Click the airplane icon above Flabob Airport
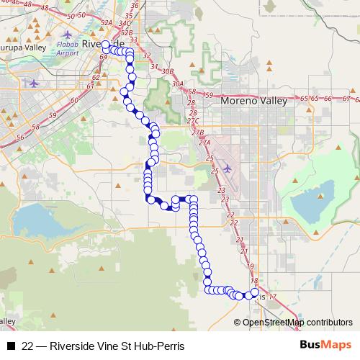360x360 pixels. pos(68,34)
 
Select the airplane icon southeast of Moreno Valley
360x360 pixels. pos(228,168)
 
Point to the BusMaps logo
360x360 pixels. pos(325,346)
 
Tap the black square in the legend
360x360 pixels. pos(11,346)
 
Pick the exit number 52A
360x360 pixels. pos(107,23)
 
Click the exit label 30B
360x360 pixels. pos(168,71)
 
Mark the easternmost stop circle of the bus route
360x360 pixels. pos(253,293)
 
